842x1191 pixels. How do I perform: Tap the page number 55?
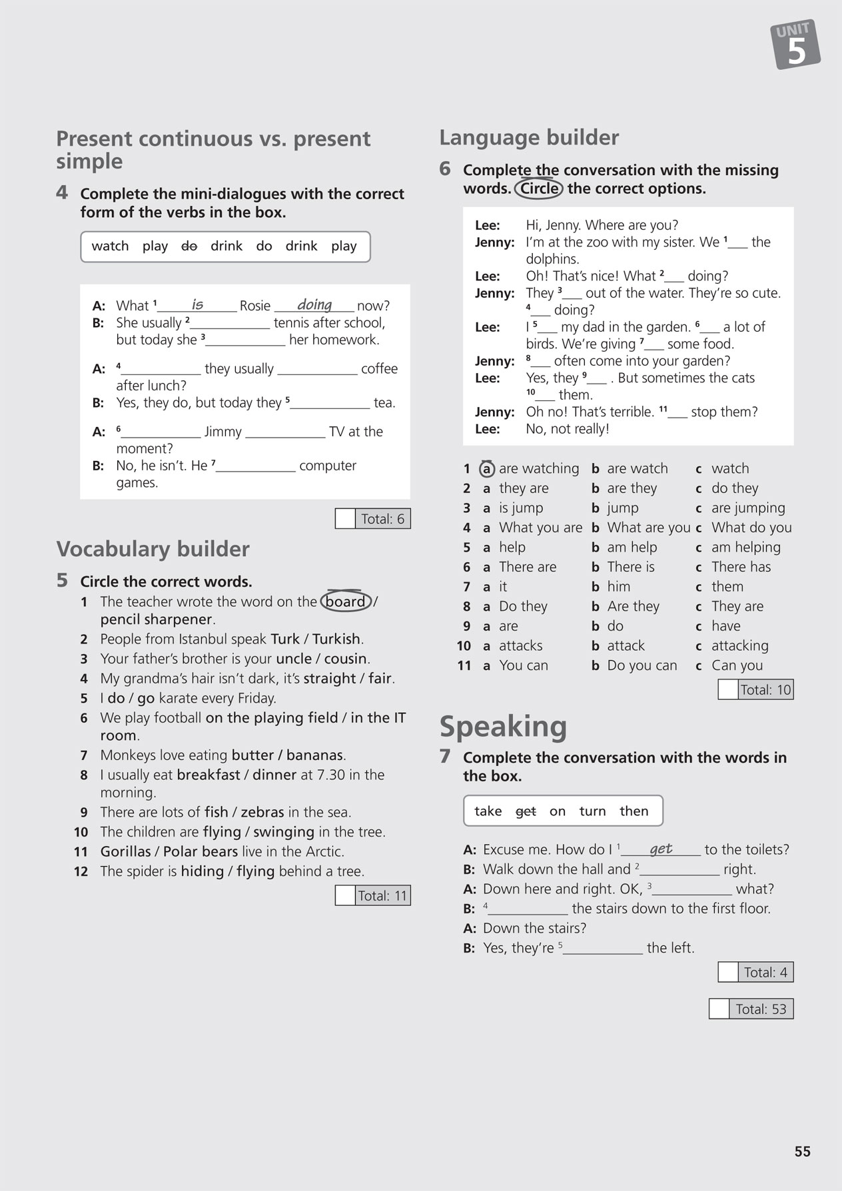tap(802, 1152)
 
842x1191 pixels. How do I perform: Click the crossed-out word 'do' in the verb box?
tap(189, 246)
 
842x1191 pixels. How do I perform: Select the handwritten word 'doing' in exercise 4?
tap(314, 304)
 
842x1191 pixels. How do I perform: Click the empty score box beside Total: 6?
tap(345, 519)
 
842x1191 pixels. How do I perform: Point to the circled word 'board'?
tap(345, 601)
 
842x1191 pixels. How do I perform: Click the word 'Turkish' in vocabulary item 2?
tap(336, 639)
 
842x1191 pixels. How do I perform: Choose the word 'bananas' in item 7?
tap(314, 755)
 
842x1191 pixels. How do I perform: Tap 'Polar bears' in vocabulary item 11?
tap(200, 852)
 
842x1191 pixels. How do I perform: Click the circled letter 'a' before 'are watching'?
tap(487, 469)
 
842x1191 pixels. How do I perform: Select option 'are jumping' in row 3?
tap(748, 508)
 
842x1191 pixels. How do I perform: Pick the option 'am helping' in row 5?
tap(745, 548)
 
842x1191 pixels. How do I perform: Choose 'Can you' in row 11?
tap(737, 665)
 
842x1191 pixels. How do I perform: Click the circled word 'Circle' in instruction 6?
tap(539, 189)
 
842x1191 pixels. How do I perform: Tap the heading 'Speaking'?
tap(503, 727)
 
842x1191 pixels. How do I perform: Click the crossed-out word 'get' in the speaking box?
tap(526, 811)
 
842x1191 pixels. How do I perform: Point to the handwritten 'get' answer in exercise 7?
tap(661, 849)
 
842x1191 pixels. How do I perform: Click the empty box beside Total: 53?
tap(719, 1009)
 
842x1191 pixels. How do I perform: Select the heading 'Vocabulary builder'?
tap(153, 549)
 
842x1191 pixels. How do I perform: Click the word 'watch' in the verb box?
tap(110, 246)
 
